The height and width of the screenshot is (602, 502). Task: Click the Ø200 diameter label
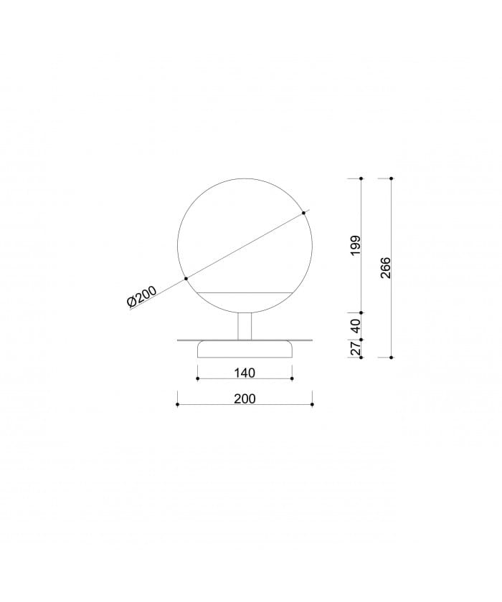(x=142, y=297)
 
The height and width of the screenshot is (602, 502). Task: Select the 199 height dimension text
(x=356, y=246)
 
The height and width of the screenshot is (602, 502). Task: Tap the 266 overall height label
(x=385, y=267)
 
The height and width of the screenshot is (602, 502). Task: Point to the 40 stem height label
(x=356, y=326)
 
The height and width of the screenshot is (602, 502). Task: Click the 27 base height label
(x=356, y=348)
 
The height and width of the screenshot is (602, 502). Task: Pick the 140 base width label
(x=245, y=373)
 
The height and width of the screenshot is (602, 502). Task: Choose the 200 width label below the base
(x=245, y=399)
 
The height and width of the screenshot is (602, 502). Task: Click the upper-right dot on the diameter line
(x=303, y=213)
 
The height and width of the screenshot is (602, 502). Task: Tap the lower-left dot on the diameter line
(x=186, y=278)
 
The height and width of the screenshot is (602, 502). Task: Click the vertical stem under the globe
(x=245, y=326)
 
